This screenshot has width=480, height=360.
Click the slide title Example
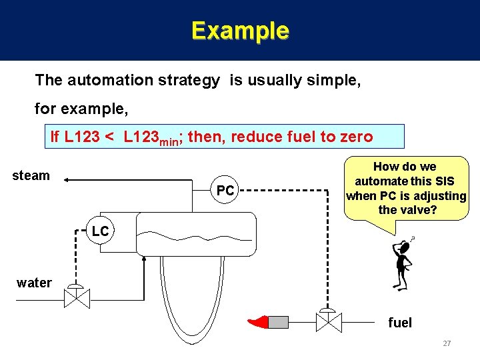pyautogui.click(x=240, y=31)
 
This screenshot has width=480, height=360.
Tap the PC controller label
pyautogui.click(x=225, y=191)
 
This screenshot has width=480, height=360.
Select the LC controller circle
pyautogui.click(x=100, y=231)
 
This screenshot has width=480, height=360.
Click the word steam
pyautogui.click(x=31, y=175)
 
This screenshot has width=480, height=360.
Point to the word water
pyautogui.click(x=34, y=283)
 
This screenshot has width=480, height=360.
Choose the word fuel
pyautogui.click(x=400, y=323)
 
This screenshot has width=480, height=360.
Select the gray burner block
pyautogui.click(x=278, y=323)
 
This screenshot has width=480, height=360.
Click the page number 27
pyautogui.click(x=447, y=343)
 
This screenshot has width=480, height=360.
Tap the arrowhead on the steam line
pyautogui.click(x=70, y=179)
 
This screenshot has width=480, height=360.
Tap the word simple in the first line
pyautogui.click(x=340, y=81)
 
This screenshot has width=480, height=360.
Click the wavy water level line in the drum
pyautogui.click(x=193, y=233)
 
